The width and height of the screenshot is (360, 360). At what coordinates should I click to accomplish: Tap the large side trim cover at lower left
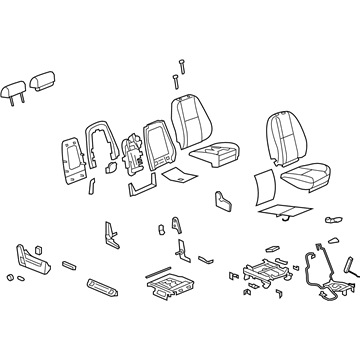pyautogui.click(x=33, y=262)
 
